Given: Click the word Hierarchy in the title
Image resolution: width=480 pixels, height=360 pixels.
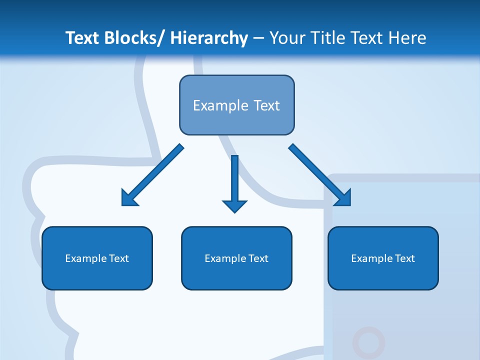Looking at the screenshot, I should (209, 38).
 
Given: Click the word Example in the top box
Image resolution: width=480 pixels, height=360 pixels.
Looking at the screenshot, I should (220, 105).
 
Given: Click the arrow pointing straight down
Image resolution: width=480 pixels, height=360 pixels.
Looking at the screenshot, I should (234, 180).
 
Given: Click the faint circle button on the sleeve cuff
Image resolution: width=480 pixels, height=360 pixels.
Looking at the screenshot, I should (368, 343).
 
